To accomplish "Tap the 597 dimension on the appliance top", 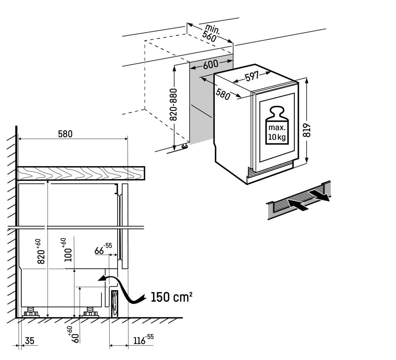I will click(252, 77).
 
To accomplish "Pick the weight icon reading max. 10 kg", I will click(277, 126).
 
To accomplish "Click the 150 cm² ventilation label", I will click(171, 297).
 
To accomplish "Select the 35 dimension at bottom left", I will click(29, 341).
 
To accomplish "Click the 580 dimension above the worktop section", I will click(65, 134).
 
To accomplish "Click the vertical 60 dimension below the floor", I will click(76, 334).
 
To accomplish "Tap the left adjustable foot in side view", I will click(31, 312).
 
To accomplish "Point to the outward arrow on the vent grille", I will click(319, 195).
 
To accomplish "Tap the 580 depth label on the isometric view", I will click(223, 94).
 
